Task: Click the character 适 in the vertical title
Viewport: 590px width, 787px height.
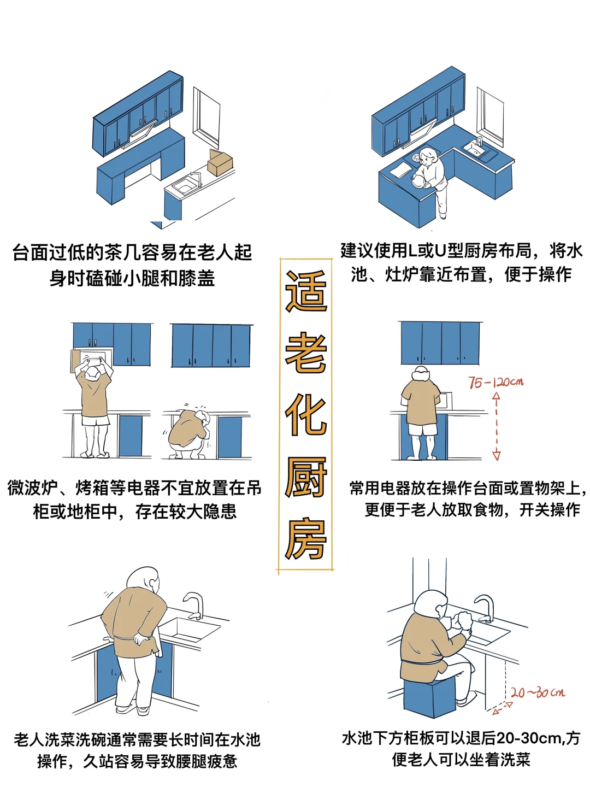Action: tap(306, 292)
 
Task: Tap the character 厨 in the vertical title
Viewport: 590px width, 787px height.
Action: tap(306, 477)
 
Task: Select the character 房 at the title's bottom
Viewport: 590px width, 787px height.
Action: tap(306, 539)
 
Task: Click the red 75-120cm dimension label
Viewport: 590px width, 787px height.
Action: tap(495, 382)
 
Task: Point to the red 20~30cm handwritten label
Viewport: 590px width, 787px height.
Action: tap(538, 693)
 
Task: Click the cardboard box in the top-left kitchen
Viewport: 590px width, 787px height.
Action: tap(220, 163)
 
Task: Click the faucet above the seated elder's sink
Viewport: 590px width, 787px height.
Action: tap(485, 607)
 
